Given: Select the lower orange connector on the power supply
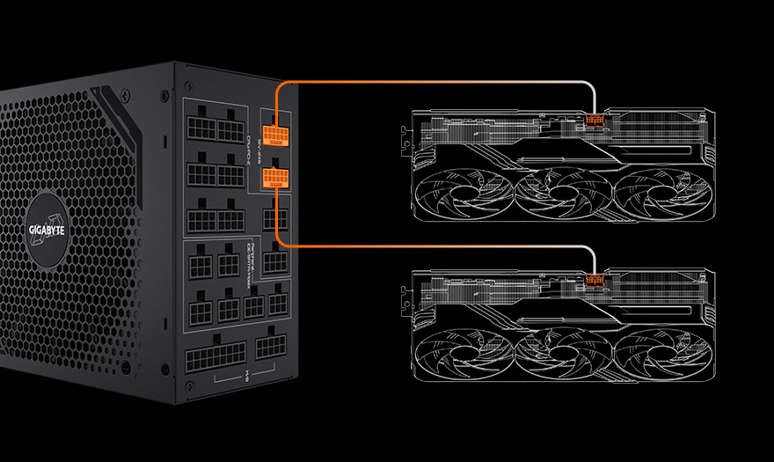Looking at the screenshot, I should point(274,179).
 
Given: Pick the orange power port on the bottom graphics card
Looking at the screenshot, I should point(595,282).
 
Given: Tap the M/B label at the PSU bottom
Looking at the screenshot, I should point(247,381).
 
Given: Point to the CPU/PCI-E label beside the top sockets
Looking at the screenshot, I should point(249,137).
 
